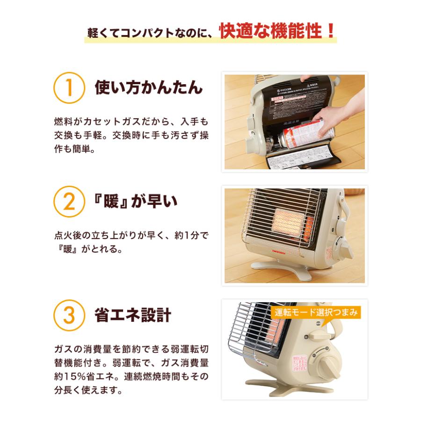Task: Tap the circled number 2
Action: (69, 202)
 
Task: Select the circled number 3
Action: (69, 316)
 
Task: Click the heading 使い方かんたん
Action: (149, 87)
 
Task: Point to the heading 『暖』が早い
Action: (136, 202)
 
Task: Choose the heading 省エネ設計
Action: (133, 316)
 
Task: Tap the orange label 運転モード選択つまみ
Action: (316, 312)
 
